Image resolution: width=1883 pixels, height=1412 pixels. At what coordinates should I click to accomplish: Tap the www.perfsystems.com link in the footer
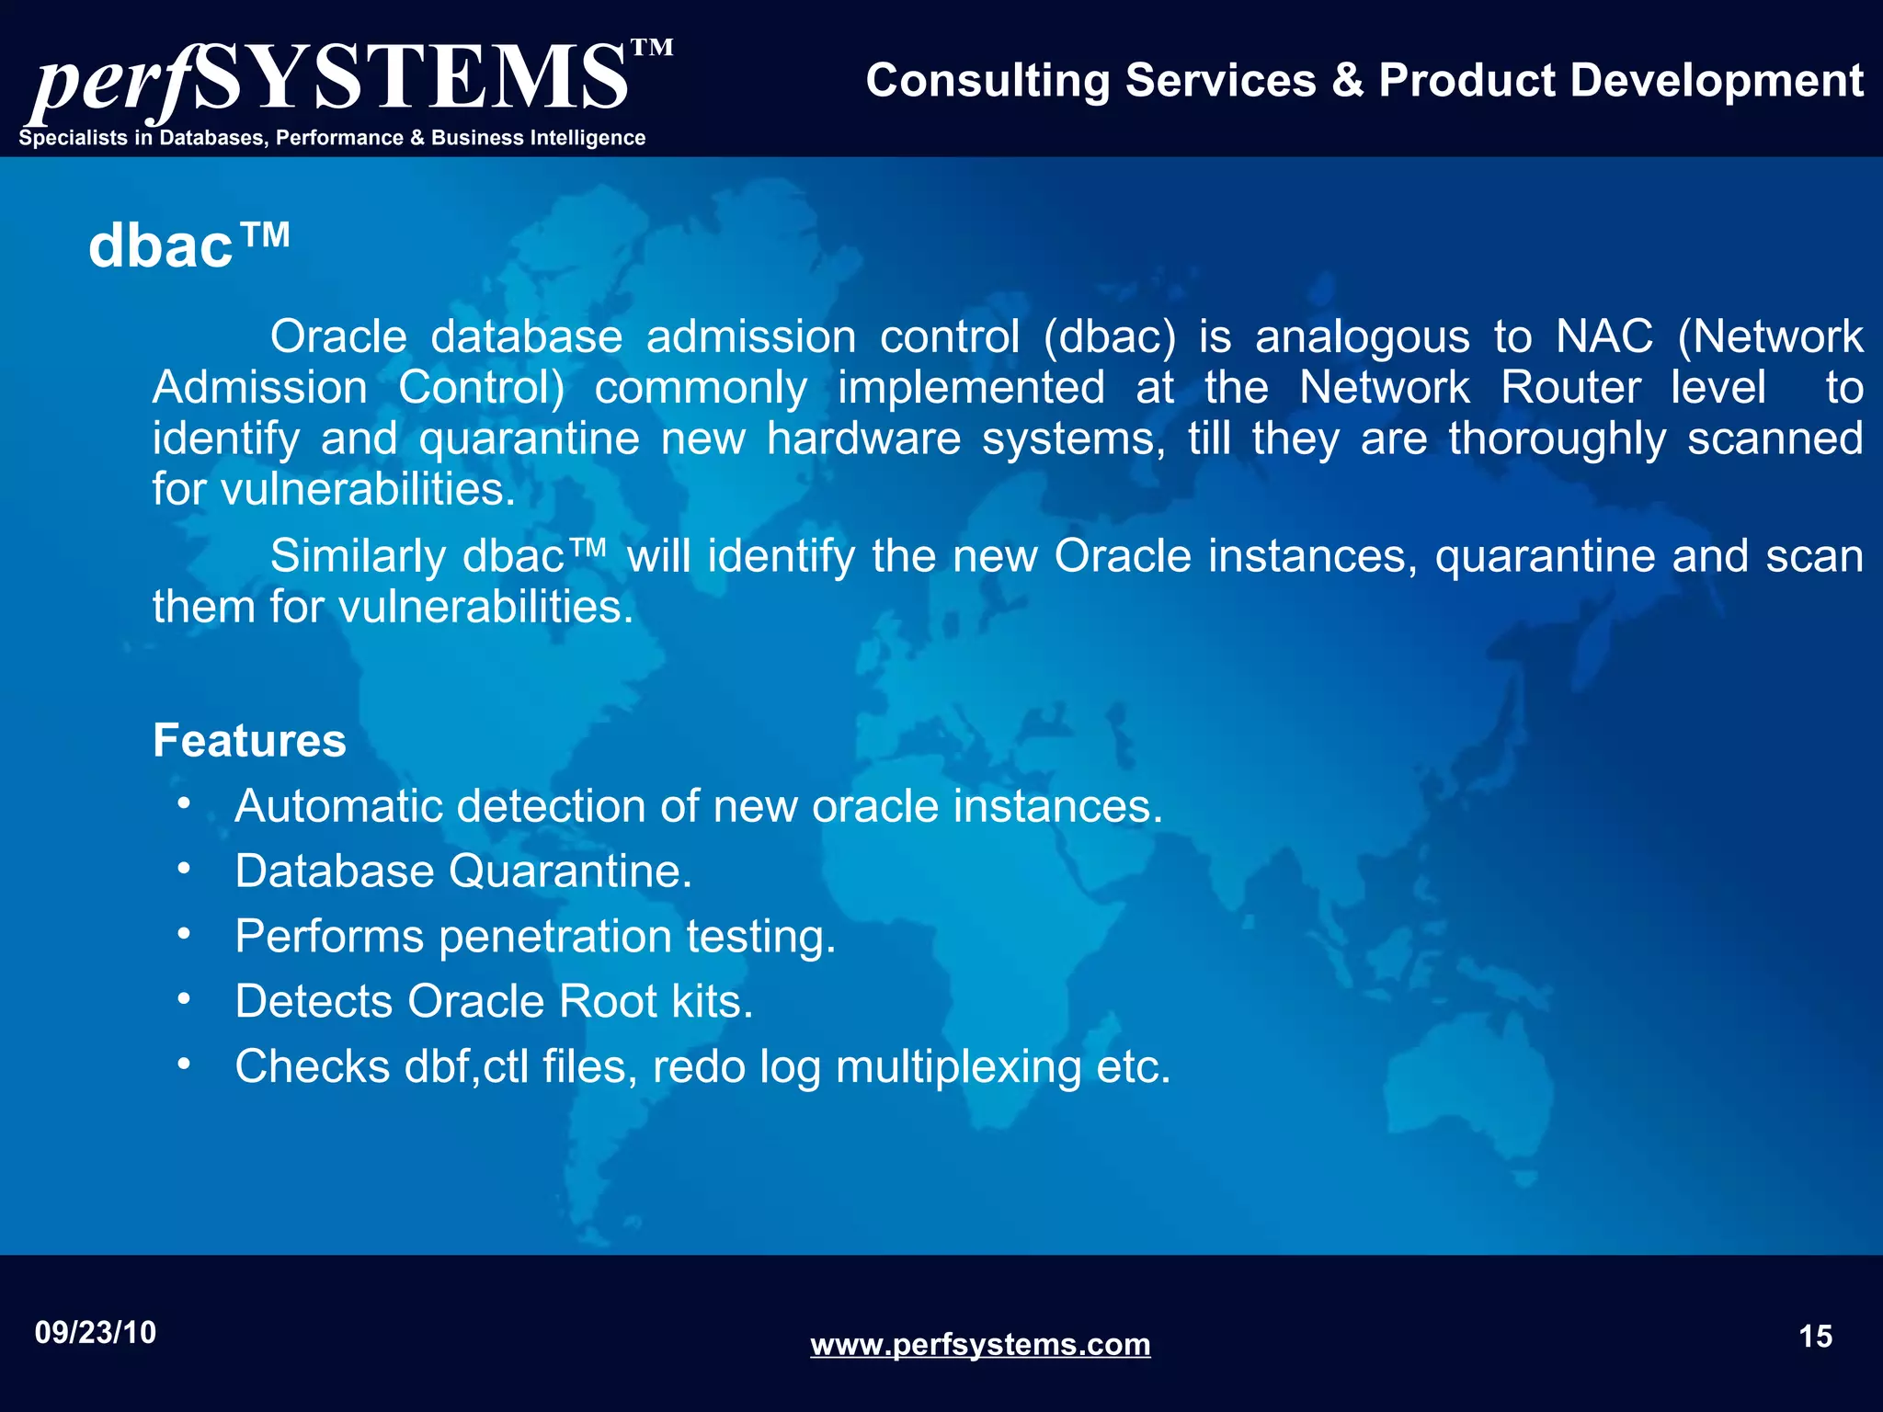point(980,1344)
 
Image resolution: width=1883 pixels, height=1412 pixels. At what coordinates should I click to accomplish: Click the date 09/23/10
point(96,1332)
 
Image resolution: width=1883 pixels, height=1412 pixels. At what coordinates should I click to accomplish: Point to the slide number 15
point(1815,1336)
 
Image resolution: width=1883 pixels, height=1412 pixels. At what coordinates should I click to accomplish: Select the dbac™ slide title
point(189,246)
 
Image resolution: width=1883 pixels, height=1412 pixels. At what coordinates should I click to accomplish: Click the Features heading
point(249,740)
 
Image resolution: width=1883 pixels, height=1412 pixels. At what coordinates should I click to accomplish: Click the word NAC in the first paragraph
point(1603,336)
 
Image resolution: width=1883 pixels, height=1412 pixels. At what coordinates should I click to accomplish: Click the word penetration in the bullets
point(555,936)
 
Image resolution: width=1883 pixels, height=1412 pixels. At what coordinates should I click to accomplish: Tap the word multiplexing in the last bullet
point(959,1066)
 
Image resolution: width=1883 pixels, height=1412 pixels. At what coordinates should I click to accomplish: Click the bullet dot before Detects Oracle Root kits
point(184,998)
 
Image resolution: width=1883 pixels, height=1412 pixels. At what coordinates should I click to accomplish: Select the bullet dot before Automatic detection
point(184,803)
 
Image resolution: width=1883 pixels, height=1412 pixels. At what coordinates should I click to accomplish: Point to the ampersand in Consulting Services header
point(1347,81)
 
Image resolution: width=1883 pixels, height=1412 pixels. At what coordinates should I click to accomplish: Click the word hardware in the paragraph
point(863,438)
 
